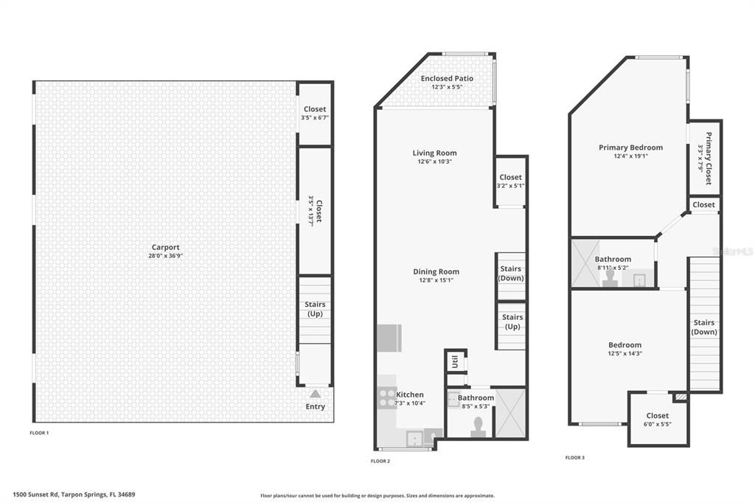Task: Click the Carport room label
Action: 165,248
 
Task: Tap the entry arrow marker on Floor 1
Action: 315,394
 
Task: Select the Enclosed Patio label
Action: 447,78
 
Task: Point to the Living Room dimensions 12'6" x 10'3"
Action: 434,162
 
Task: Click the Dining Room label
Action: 436,271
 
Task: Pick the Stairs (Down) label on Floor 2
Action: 511,273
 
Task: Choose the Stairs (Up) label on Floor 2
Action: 512,322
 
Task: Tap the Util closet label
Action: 455,361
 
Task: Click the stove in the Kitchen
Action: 386,398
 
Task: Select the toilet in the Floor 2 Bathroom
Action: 479,427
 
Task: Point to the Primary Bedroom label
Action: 630,148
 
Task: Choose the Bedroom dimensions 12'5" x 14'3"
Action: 624,353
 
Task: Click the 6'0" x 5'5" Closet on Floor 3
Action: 657,420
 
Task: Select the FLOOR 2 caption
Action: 380,461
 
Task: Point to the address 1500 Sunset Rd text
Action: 74,495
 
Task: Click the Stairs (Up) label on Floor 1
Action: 315,309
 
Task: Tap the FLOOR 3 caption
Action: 575,457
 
